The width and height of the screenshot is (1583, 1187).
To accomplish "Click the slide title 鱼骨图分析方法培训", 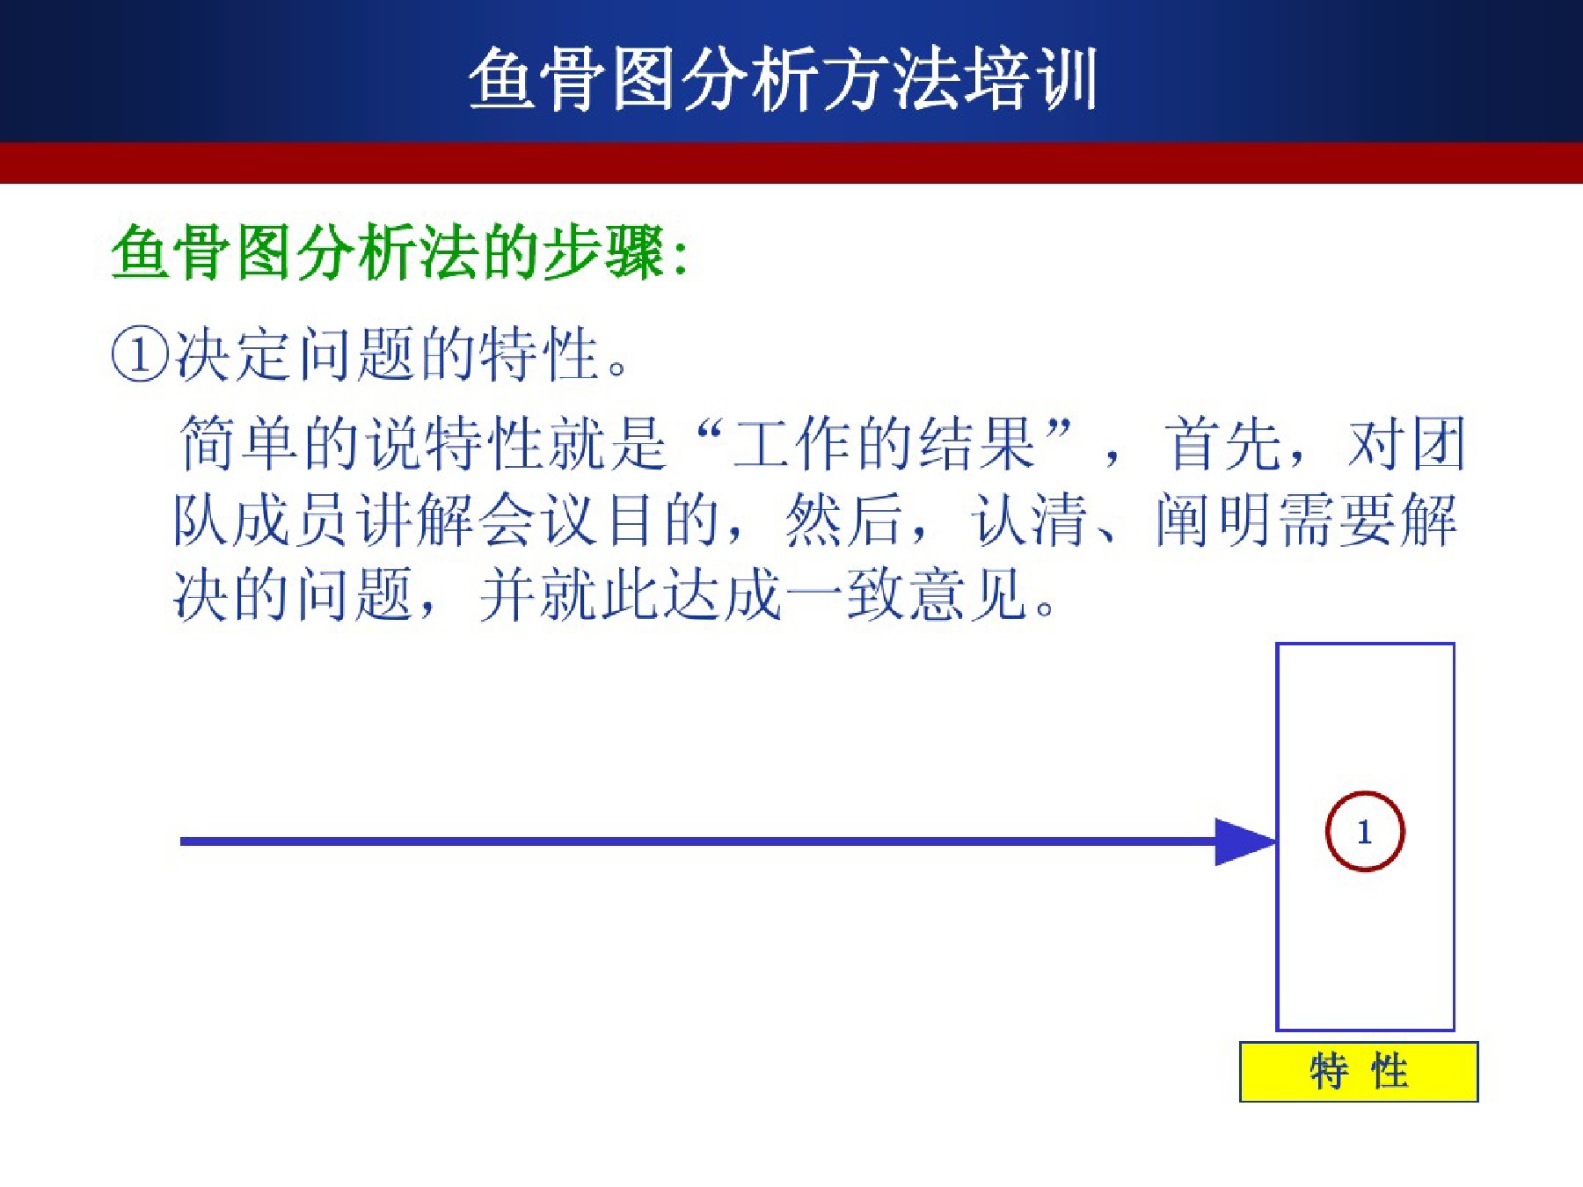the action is click(783, 79).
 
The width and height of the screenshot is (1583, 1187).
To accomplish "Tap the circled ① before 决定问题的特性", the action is click(139, 355).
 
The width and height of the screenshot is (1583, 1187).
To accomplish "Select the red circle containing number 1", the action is click(1364, 832).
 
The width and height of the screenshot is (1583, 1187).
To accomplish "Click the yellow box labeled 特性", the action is click(1359, 1072).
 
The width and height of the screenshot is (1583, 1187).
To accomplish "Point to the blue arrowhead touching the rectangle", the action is click(1245, 841).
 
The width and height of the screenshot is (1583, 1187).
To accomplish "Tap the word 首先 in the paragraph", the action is click(1222, 443).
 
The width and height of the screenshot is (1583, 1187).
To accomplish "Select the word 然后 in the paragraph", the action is click(844, 520).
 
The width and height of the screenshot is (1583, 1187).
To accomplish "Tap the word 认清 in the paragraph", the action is click(1029, 520).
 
